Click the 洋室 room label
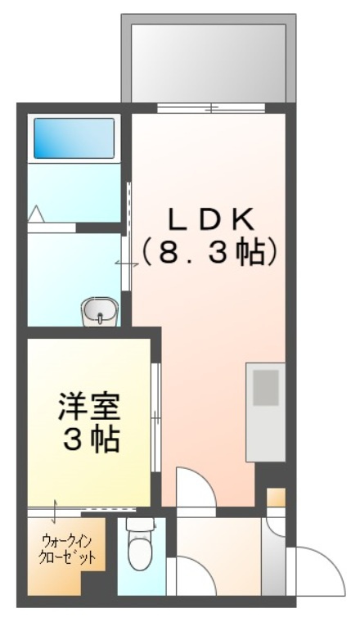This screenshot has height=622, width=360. point(90,405)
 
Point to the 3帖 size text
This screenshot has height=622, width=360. point(90,439)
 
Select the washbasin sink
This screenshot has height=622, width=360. point(100,311)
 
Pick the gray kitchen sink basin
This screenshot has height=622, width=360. point(265,389)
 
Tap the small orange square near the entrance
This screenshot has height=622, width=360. point(276,498)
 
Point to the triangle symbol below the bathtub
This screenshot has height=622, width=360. point(36,214)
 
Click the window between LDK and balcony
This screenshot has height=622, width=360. point(211,108)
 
